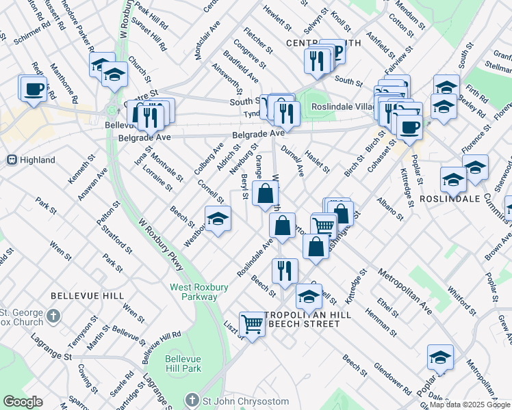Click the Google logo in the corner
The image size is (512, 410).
tap(23, 402)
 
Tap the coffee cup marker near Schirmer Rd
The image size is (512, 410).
tap(33, 88)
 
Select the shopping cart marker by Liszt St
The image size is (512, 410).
tap(253, 324)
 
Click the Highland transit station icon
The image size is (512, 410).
tap(11, 160)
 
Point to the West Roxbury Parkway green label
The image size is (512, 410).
tap(200, 292)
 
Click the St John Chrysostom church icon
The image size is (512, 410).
tap(194, 400)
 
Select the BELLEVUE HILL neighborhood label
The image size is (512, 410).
tap(87, 296)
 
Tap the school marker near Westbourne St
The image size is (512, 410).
tap(218, 219)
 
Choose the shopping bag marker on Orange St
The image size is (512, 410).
tap(265, 193)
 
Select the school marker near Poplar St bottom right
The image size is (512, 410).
tap(440, 356)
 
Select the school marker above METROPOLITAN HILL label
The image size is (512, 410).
tap(309, 296)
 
